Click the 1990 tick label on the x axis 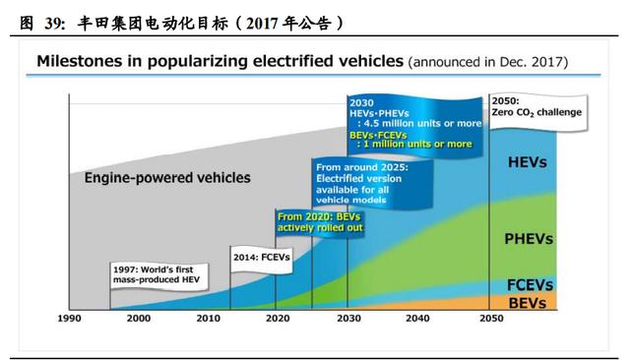[x=69, y=319]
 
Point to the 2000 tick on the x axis [x=139, y=319]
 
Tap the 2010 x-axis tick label [x=209, y=319]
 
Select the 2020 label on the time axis [x=278, y=319]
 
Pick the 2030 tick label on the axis [x=347, y=319]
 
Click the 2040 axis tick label [x=417, y=319]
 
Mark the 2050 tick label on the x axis [x=488, y=319]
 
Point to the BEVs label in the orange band [x=527, y=302]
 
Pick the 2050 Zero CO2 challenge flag [x=535, y=106]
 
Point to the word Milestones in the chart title [x=79, y=61]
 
